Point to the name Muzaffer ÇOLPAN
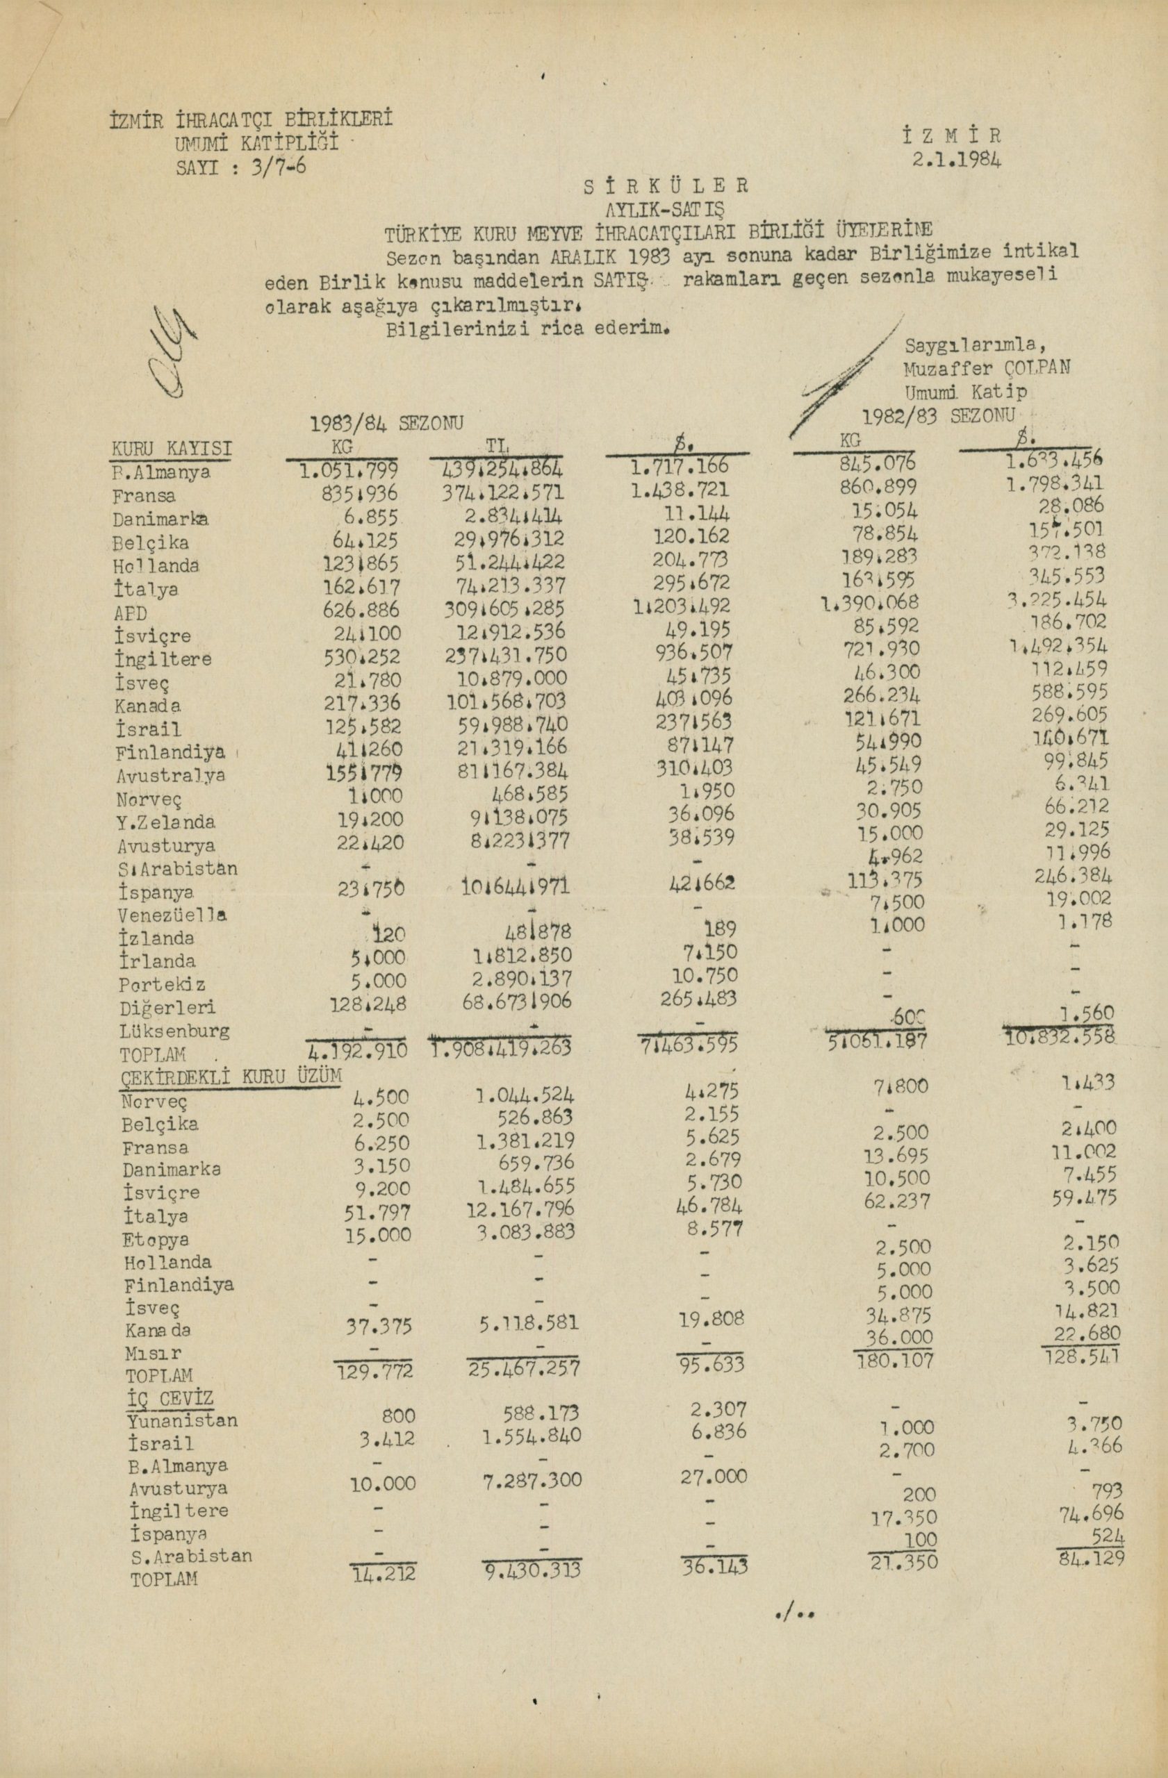(987, 367)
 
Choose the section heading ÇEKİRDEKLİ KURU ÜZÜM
(231, 1077)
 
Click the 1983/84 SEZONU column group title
(386, 423)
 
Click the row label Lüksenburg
(174, 1031)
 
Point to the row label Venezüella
(172, 915)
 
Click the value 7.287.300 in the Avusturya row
(530, 1481)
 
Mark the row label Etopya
(156, 1239)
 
